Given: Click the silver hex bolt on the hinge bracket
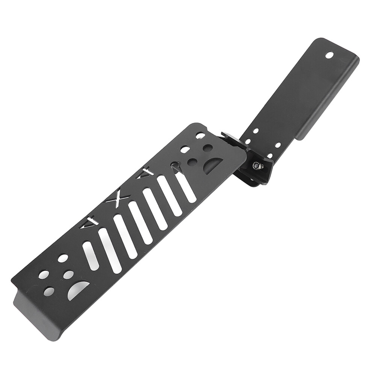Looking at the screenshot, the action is [x=257, y=165].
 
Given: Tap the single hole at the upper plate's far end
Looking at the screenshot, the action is [x=329, y=55].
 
